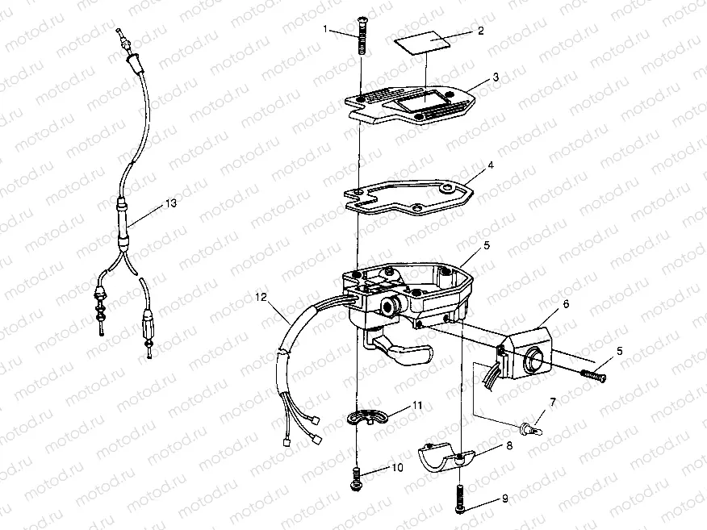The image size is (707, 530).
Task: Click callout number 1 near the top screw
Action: click(x=325, y=29)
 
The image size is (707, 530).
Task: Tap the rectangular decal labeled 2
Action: click(x=422, y=42)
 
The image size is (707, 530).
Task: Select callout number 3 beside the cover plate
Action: click(x=496, y=77)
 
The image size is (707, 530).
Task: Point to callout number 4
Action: click(x=491, y=165)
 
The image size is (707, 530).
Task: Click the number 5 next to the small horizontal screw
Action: click(x=620, y=351)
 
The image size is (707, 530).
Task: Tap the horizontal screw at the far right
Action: click(x=593, y=374)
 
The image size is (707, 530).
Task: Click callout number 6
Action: click(x=566, y=304)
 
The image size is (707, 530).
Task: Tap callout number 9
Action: click(x=504, y=498)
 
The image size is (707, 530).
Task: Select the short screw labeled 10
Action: click(x=356, y=478)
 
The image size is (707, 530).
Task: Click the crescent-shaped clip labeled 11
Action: click(x=367, y=418)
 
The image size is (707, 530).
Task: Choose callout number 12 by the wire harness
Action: click(x=261, y=297)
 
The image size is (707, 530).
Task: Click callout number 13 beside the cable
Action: click(x=171, y=203)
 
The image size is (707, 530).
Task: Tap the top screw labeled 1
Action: click(x=362, y=35)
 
